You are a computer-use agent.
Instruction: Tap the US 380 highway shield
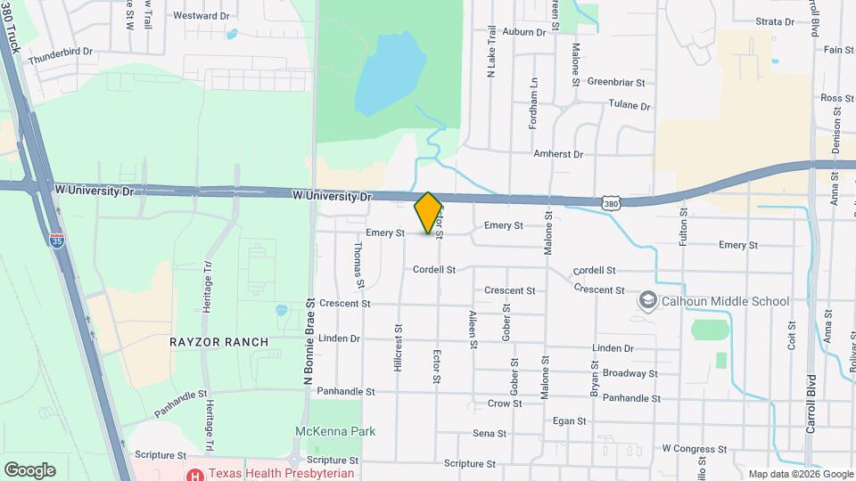(x=610, y=204)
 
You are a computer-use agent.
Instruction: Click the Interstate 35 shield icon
(x=56, y=240)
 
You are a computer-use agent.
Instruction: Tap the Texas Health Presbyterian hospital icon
(x=193, y=473)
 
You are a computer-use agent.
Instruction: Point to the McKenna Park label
(x=335, y=432)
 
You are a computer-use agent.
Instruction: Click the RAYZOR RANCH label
(x=207, y=342)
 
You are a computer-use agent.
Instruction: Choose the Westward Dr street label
(x=201, y=16)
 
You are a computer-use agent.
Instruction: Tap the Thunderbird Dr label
(x=61, y=52)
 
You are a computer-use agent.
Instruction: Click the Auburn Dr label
(x=523, y=32)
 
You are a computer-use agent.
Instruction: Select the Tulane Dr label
(x=629, y=105)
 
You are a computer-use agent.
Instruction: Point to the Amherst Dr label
(x=557, y=154)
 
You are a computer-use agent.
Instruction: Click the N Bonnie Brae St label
(x=310, y=341)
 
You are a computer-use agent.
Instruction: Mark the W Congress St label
(x=695, y=449)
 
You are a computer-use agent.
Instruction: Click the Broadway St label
(x=630, y=373)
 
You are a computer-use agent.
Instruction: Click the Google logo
(x=29, y=470)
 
